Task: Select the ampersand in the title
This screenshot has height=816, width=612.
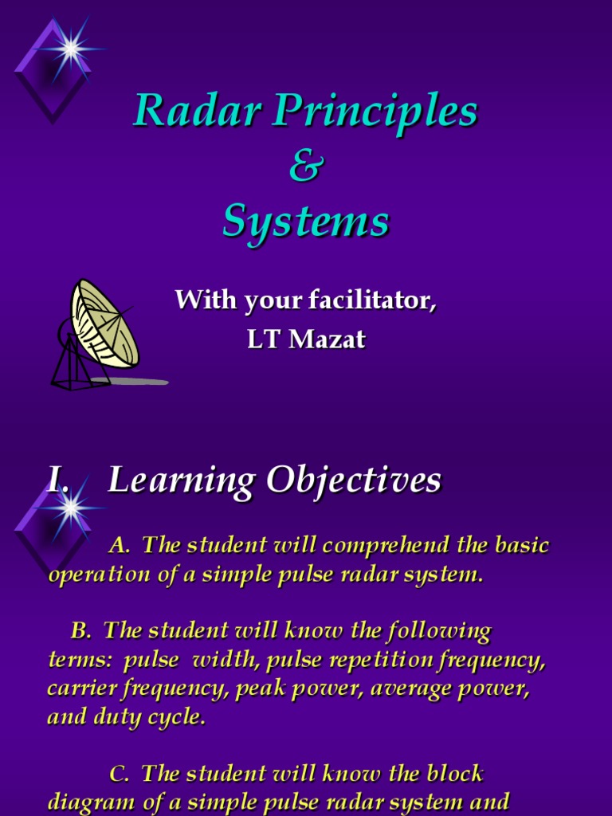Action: tap(305, 167)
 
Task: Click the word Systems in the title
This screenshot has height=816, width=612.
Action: tap(305, 221)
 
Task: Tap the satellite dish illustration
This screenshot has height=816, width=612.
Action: tap(104, 323)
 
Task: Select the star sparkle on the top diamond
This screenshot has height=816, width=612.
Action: tap(71, 49)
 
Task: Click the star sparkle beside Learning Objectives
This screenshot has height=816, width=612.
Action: tap(71, 505)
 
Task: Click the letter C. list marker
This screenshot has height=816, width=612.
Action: tap(119, 773)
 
